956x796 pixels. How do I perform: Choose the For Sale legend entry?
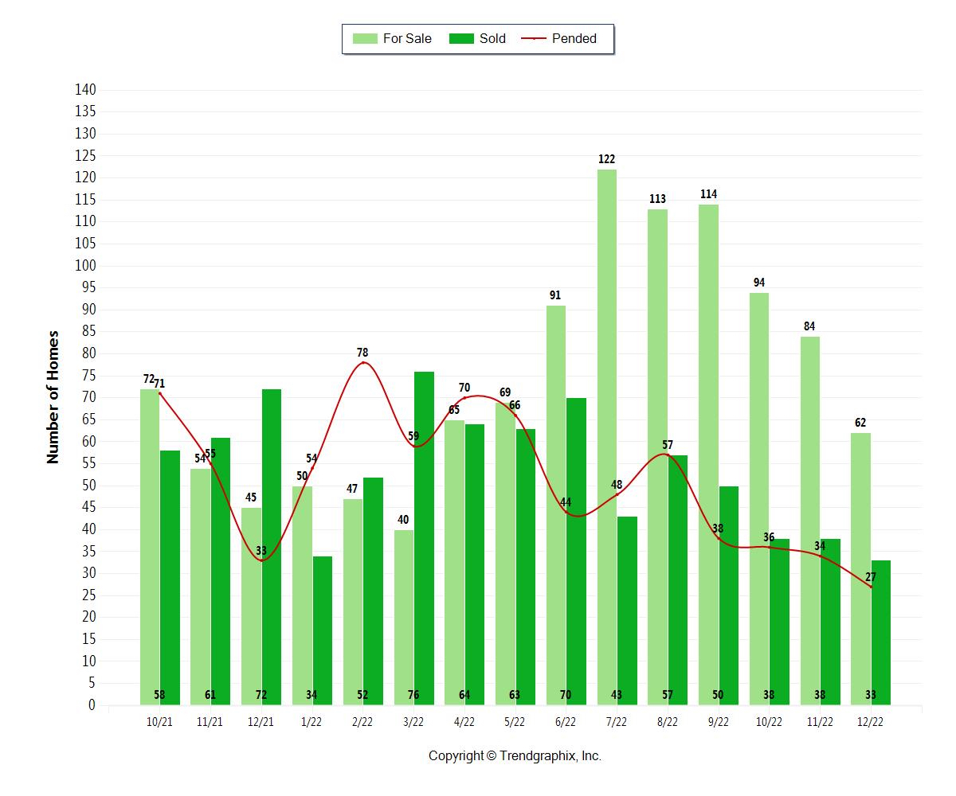[x=393, y=38]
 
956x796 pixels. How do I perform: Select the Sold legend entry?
[x=478, y=38]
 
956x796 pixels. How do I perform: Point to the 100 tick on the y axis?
[x=85, y=266]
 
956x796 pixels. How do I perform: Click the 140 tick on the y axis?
[x=85, y=90]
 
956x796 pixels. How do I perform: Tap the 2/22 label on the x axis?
[x=362, y=721]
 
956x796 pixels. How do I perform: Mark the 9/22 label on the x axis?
[x=718, y=721]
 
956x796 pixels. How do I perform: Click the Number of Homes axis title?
[x=53, y=396]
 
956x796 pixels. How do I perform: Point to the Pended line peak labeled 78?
[x=363, y=362]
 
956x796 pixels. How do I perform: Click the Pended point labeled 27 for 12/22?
[x=871, y=587]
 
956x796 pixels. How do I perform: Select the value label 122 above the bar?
[x=606, y=159]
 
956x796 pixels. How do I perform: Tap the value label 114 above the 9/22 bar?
[x=708, y=194]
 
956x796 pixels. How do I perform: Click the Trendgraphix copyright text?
[x=515, y=756]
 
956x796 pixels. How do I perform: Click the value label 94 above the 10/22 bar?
[x=759, y=283]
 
